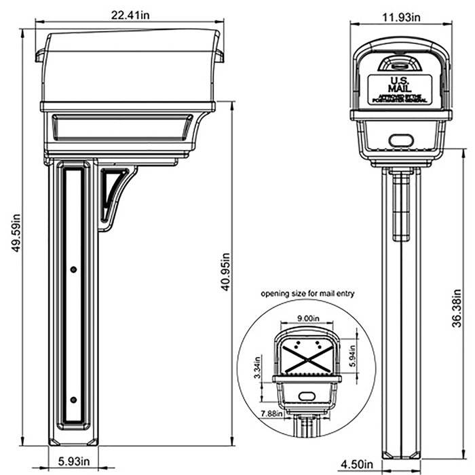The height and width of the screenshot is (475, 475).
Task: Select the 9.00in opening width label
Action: click(x=308, y=316)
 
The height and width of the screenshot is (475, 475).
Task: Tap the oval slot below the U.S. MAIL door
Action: click(x=399, y=140)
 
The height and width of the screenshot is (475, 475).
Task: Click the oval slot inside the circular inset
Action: click(x=306, y=395)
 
